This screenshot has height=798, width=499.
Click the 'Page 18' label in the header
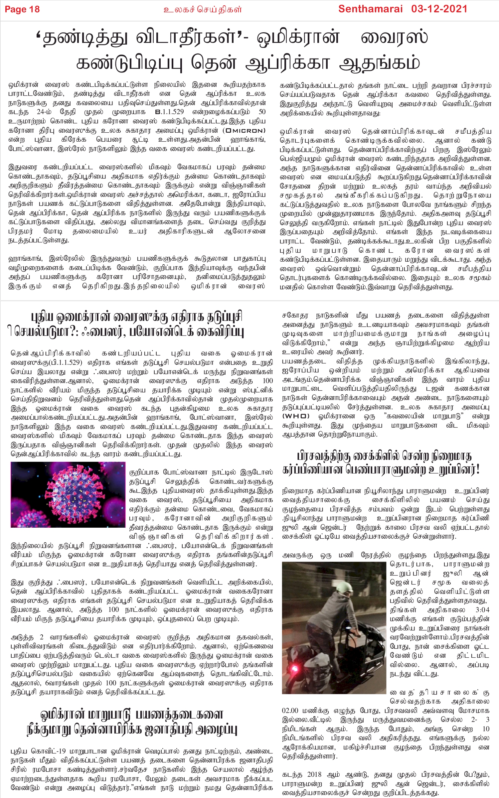[x=22, y=9]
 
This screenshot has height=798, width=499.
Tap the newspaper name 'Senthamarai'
[x=370, y=9]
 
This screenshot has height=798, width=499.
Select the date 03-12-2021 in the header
[x=439, y=9]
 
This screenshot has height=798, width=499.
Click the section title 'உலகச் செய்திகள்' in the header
[x=203, y=9]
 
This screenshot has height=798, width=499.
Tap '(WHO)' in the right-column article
[x=296, y=416]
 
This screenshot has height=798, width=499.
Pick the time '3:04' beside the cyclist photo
[x=482, y=610]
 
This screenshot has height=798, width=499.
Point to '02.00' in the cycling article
[x=290, y=711]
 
